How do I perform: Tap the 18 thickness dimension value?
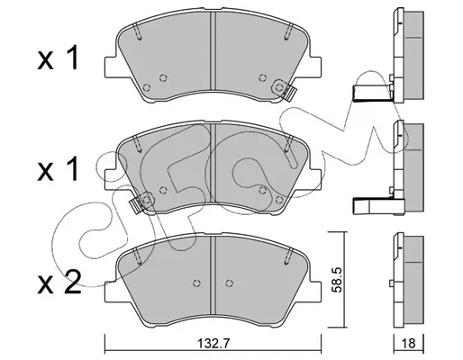[409, 343]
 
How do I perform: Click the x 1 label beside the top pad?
[59, 58]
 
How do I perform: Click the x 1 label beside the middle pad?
[59, 169]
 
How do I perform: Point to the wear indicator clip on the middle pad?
[141, 202]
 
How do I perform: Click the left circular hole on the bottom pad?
[196, 283]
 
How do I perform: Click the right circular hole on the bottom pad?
[230, 283]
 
